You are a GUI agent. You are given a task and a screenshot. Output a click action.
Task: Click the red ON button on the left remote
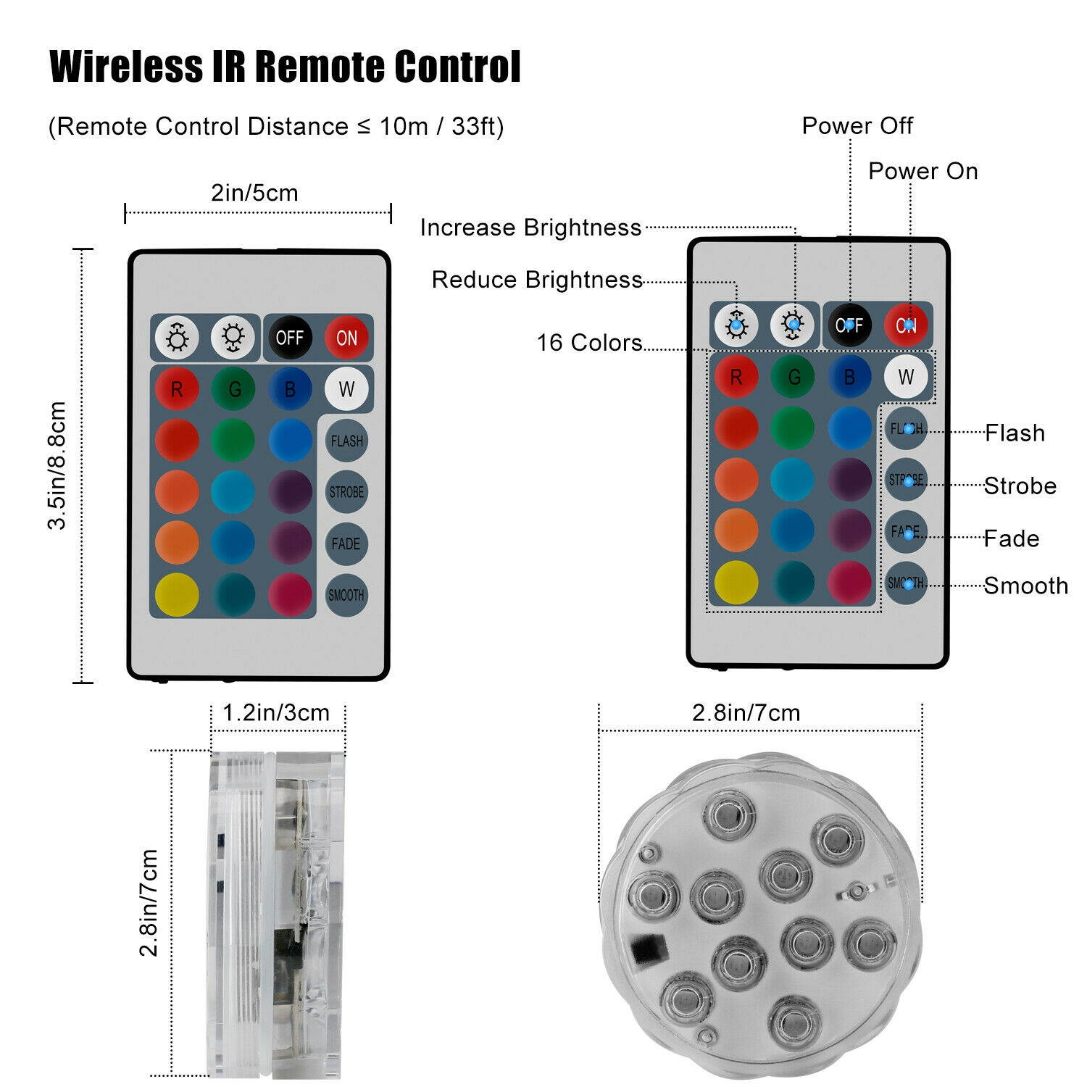(x=346, y=338)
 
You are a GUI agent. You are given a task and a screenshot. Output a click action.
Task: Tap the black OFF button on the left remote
(x=290, y=338)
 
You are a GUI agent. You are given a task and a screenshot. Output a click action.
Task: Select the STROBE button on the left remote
(x=346, y=492)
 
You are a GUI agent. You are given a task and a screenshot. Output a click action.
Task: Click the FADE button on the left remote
(x=346, y=543)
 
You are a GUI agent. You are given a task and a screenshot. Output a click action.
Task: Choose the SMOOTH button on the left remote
(x=346, y=595)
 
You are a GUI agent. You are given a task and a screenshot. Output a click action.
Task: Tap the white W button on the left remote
(x=346, y=389)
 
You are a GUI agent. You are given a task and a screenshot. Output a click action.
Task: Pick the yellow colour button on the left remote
(x=177, y=595)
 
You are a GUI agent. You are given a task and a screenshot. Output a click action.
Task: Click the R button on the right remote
(x=736, y=377)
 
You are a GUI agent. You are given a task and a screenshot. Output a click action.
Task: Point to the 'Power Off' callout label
(x=857, y=126)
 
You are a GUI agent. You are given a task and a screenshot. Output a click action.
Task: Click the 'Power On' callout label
(x=923, y=172)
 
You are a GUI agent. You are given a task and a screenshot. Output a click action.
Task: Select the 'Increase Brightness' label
(x=530, y=228)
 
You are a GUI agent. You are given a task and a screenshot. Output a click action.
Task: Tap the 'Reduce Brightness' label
(x=537, y=280)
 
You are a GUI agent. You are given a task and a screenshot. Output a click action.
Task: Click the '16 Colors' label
(x=589, y=343)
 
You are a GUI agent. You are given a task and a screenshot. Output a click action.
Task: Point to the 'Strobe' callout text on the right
(x=1020, y=486)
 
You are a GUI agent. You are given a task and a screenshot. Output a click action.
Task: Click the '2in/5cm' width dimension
(x=254, y=193)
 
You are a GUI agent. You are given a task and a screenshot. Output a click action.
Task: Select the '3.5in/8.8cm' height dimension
(x=57, y=465)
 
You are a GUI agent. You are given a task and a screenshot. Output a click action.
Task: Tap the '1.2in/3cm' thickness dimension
(x=276, y=713)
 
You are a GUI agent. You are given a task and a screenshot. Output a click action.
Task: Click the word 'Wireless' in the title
(x=126, y=67)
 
